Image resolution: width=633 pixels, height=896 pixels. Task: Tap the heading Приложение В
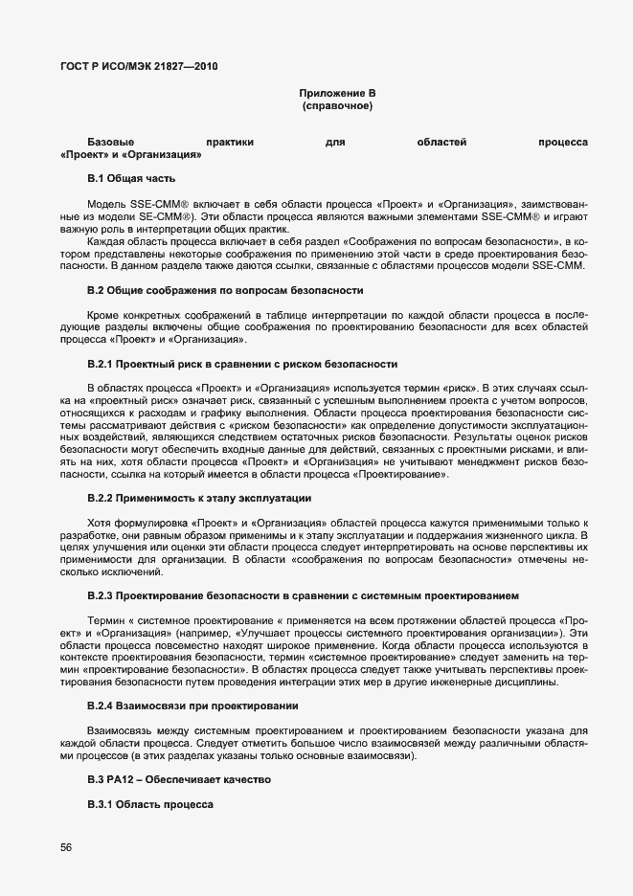coord(337,93)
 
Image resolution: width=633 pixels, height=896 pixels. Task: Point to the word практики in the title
coord(229,142)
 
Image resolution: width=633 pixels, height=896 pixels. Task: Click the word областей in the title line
coord(441,142)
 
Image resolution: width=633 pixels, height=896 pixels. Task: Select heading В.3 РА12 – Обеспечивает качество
coord(179,780)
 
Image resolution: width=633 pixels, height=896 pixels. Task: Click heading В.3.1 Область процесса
coord(149,805)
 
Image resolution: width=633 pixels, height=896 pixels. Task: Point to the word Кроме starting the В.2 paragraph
coord(103,314)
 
